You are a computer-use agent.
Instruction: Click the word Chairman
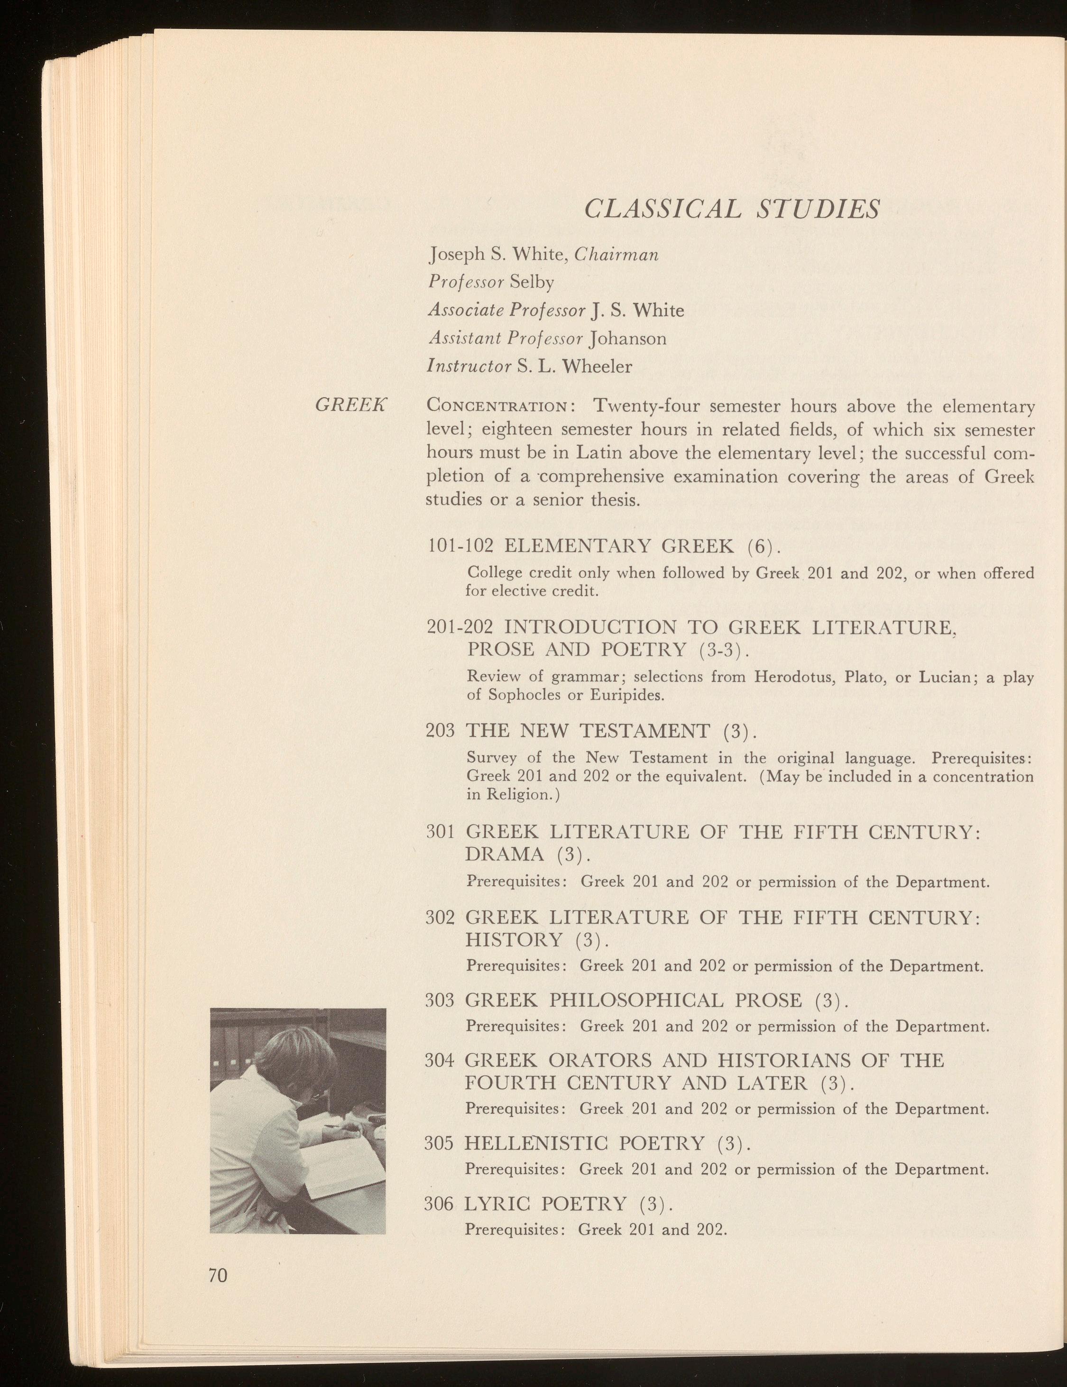click(x=616, y=255)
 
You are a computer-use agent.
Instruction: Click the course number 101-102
click(x=460, y=545)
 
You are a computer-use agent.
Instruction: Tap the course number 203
click(x=440, y=731)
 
